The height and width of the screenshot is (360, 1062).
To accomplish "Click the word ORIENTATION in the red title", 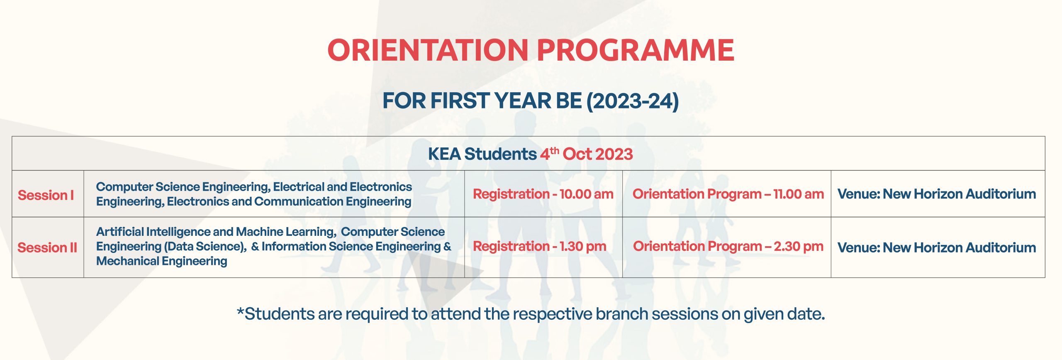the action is [428, 50].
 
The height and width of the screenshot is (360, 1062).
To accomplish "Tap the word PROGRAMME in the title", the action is [636, 50].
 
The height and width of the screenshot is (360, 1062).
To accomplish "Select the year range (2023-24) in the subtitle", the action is [633, 101].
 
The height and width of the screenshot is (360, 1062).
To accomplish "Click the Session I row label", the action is [46, 195].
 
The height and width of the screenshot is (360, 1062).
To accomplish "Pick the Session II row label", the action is [47, 247].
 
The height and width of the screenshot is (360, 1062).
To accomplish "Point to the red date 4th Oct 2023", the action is [586, 154].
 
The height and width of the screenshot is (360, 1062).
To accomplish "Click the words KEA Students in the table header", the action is [482, 154].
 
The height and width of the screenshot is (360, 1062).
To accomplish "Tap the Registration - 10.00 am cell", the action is [543, 194].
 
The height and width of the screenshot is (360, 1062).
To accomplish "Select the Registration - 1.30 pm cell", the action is [540, 246].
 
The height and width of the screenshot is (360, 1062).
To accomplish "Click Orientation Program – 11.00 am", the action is [728, 194].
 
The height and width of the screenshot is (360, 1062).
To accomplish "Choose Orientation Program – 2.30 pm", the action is [728, 246].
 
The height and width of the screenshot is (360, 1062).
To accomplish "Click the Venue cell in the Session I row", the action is [937, 194].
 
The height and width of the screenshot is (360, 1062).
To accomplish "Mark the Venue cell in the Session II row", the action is [937, 247].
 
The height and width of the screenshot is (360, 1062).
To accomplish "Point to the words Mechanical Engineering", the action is [162, 261].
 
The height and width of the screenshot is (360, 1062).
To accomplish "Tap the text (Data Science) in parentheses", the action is [205, 247].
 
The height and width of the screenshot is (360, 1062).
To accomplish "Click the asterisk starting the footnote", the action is [240, 312].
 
